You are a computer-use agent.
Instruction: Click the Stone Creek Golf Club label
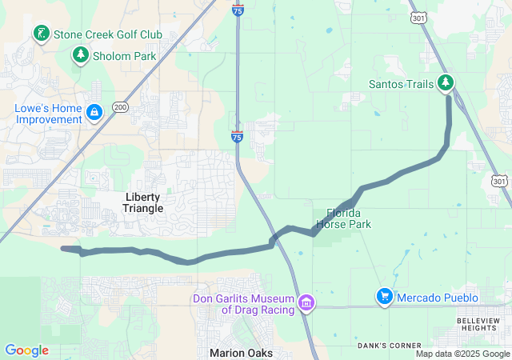tap(107, 34)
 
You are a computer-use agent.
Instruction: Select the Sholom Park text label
tap(124, 55)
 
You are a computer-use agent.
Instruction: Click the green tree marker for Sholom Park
tap(80, 54)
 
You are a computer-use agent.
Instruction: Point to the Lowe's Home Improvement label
tap(48, 114)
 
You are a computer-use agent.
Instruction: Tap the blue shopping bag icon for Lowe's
tap(94, 112)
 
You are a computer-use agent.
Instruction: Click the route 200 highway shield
tap(120, 106)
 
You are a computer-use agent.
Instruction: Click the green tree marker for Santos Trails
tap(446, 83)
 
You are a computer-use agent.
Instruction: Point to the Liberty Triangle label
tap(144, 202)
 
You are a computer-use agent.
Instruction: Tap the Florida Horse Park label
tap(344, 218)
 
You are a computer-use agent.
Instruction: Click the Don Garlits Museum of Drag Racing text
tap(243, 304)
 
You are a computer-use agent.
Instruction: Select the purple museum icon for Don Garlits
tap(305, 303)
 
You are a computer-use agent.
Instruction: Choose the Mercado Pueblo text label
tap(439, 298)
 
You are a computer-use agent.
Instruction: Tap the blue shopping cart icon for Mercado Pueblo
tap(385, 297)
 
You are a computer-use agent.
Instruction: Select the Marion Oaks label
tap(241, 353)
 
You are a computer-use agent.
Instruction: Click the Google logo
tap(26, 350)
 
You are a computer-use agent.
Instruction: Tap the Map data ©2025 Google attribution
tap(462, 354)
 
